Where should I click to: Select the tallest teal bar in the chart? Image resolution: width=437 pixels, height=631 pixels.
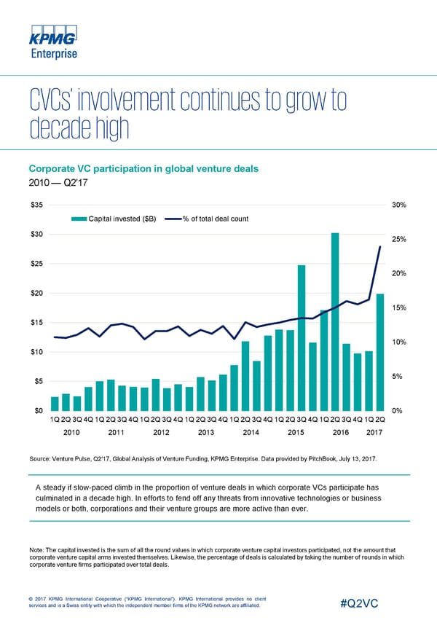[335, 321]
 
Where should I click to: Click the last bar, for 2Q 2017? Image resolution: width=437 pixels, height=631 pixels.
[379, 352]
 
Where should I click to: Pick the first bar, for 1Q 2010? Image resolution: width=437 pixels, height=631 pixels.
[55, 404]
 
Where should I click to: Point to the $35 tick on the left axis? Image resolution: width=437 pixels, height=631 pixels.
[36, 205]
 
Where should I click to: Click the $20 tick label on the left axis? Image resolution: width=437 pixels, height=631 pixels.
[36, 293]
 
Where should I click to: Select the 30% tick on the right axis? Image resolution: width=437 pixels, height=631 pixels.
[399, 205]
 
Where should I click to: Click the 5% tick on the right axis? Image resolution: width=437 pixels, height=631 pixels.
[398, 376]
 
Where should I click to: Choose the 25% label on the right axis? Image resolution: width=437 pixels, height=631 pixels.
[399, 239]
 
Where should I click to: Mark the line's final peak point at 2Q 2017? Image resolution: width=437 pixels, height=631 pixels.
[380, 247]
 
